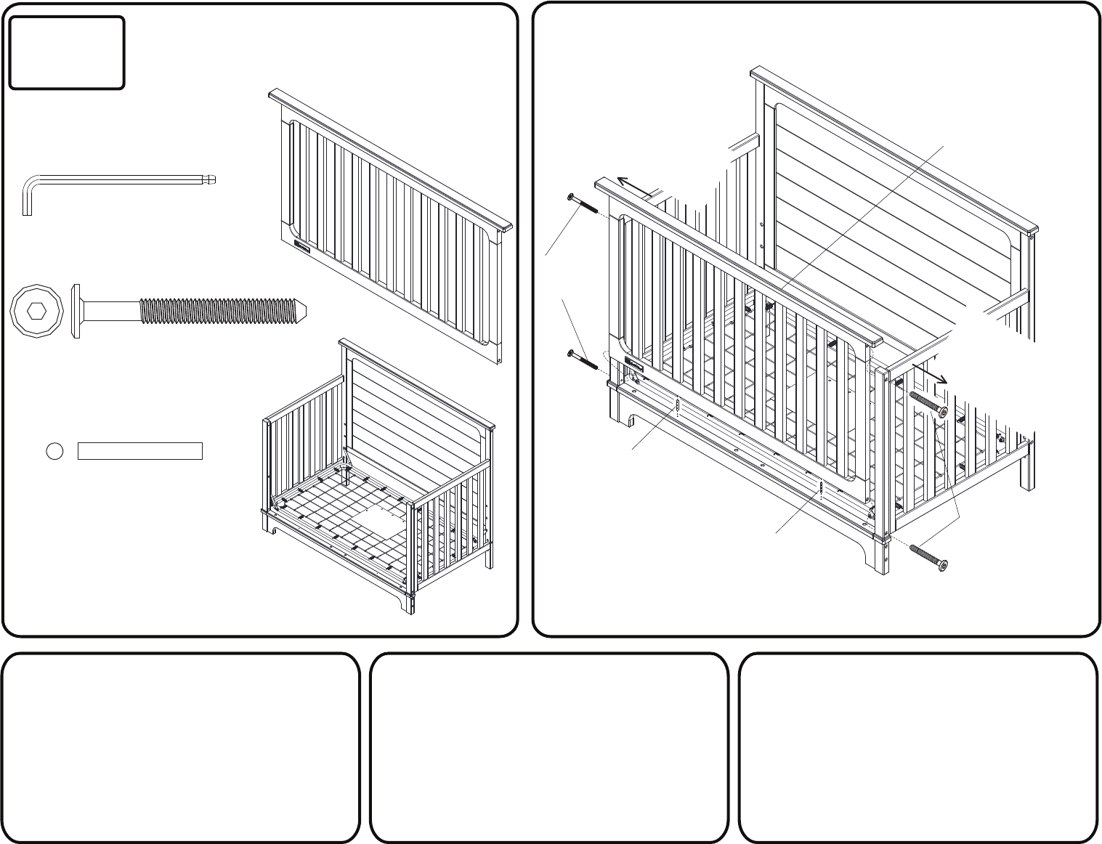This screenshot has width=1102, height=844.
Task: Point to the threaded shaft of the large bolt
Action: click(218, 311)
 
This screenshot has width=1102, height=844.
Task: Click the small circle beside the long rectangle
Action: click(54, 451)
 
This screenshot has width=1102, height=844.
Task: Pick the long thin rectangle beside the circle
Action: click(139, 451)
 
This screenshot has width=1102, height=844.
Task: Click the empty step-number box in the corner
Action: click(67, 53)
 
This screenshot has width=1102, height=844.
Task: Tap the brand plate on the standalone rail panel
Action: click(302, 247)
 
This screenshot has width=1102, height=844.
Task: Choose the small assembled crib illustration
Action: click(378, 479)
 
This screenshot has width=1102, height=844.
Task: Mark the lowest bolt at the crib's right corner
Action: click(928, 556)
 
